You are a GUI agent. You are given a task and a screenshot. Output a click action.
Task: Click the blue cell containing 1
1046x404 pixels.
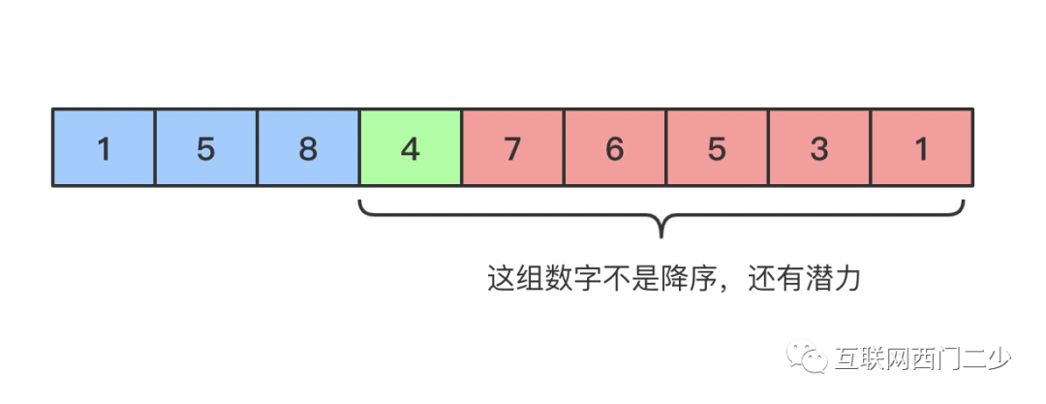[x=103, y=147]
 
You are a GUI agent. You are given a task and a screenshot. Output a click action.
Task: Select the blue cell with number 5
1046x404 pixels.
[x=205, y=147]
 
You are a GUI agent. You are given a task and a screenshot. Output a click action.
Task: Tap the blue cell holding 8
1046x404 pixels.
[x=308, y=147]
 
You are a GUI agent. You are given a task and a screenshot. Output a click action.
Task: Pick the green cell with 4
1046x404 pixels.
[x=410, y=147]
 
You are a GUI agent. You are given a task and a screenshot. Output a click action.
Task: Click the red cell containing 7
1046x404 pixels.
[x=512, y=147]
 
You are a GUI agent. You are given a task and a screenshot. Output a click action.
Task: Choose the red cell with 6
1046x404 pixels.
[x=614, y=147]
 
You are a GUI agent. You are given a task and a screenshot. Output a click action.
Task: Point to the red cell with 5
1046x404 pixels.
[x=717, y=147]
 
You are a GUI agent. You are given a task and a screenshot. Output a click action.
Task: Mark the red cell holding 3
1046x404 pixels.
[x=819, y=147]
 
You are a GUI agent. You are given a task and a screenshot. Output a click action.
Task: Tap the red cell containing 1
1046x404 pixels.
[x=921, y=147]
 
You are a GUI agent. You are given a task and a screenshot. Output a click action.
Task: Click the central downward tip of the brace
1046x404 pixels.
[x=662, y=235]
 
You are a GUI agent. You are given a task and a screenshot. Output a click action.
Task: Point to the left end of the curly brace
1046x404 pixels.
[x=360, y=202]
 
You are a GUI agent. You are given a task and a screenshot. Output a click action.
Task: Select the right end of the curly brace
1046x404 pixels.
[x=965, y=202]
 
